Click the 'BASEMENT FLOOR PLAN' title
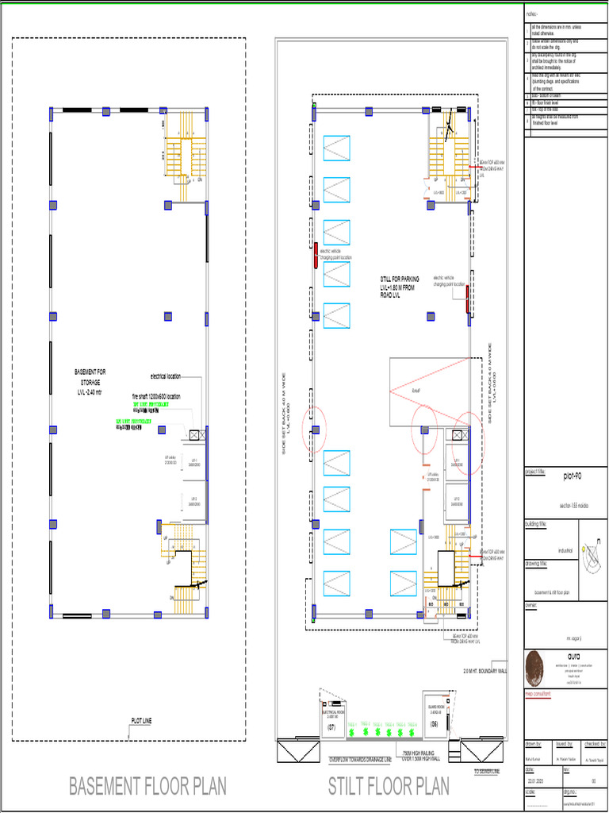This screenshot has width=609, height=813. tap(147, 786)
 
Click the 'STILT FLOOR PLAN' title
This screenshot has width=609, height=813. tap(389, 786)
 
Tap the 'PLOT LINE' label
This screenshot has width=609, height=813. tap(141, 721)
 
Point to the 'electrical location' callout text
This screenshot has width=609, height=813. tap(165, 376)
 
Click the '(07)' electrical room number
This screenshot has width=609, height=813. tap(332, 726)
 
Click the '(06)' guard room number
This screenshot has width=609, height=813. tap(434, 724)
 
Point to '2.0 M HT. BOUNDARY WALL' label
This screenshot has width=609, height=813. tap(485, 672)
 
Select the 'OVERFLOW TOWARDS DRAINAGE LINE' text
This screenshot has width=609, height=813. tap(361, 760)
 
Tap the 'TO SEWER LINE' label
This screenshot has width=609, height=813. tap(487, 771)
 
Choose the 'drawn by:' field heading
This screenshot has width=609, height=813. tap(534, 744)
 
